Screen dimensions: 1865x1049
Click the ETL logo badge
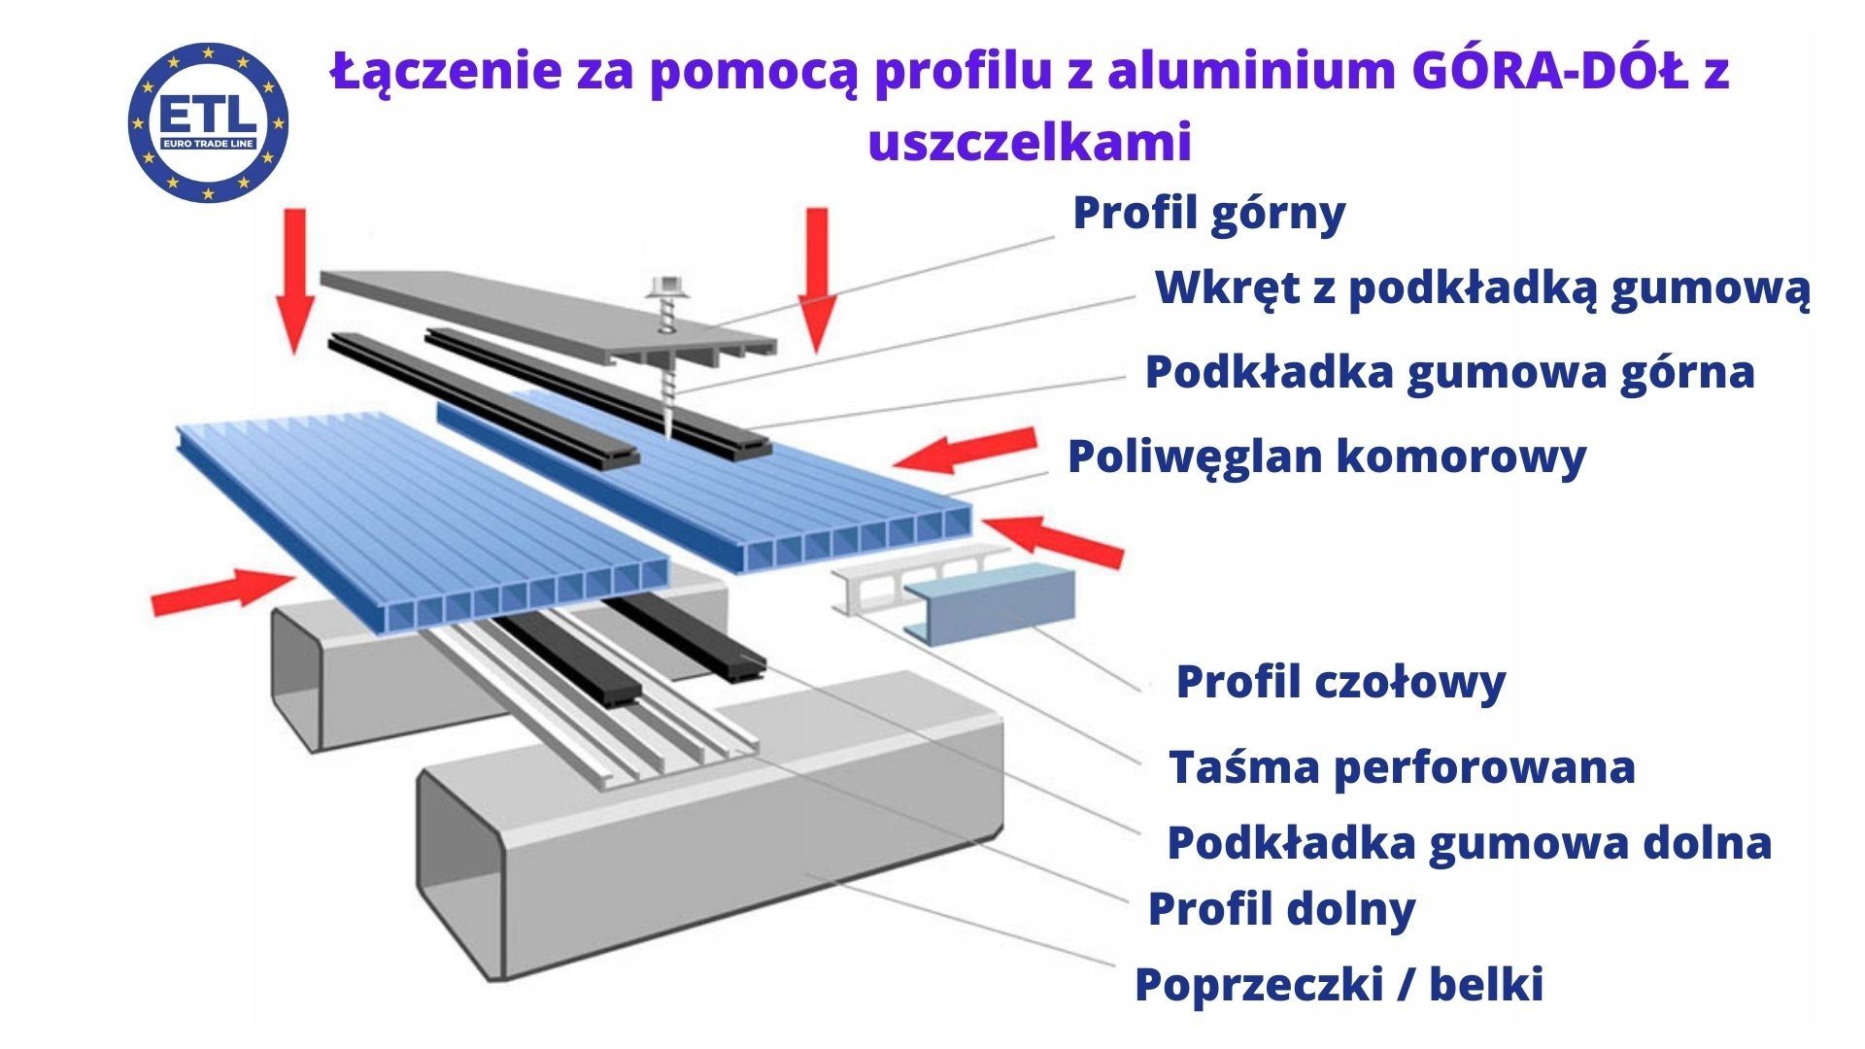208,122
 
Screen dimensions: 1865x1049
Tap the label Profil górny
1208,214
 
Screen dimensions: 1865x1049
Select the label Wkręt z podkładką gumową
1481,288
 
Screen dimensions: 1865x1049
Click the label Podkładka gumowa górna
1449,373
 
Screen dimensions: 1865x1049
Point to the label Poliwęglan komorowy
1326,457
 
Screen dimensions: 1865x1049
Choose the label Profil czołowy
1340,682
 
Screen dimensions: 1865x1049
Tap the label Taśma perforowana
1402,767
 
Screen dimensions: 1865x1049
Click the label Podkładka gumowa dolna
1469,843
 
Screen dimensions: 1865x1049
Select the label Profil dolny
1281,909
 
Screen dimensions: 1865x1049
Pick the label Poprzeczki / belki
1339,985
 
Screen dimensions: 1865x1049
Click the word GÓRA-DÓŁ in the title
1548,71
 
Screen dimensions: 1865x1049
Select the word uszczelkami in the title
1030,143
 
